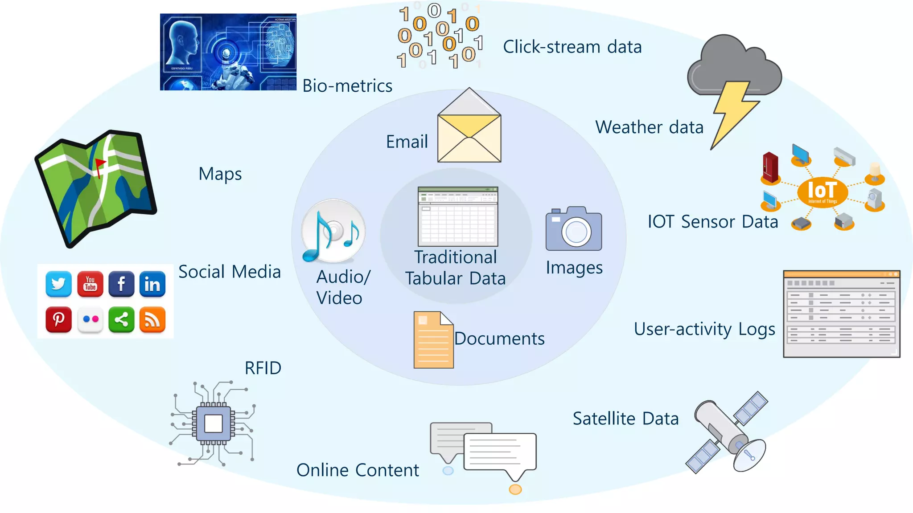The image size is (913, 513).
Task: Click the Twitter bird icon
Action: [x=58, y=284]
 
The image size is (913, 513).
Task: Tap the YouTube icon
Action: [x=90, y=284]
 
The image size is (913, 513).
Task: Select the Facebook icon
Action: [x=121, y=284]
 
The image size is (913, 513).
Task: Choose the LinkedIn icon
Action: [x=152, y=284]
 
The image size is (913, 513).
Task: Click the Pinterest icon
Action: [x=58, y=319]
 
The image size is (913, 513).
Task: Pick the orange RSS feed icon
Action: [x=152, y=319]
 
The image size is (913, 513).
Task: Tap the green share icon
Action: [x=121, y=319]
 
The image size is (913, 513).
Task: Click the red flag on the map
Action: [x=100, y=164]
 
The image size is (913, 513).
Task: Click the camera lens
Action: [x=576, y=232]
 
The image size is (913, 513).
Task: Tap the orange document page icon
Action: [x=433, y=340]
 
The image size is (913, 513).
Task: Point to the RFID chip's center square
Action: [x=213, y=423]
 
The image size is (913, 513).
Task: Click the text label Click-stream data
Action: [x=572, y=47]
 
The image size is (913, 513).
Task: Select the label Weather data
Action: [x=649, y=127]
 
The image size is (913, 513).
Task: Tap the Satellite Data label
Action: [x=625, y=419]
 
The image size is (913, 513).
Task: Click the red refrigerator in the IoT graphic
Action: [x=770, y=167]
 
